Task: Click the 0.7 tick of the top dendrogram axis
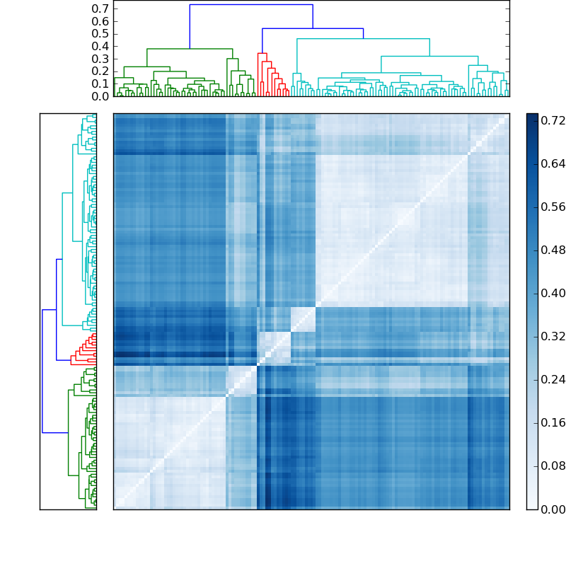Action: (x=101, y=8)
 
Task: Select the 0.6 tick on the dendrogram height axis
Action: (x=101, y=21)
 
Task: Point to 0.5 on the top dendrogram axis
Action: (x=101, y=34)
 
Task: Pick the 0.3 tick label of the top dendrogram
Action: (x=101, y=59)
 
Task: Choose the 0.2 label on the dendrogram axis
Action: (x=101, y=71)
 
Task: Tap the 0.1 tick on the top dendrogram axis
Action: (x=101, y=83)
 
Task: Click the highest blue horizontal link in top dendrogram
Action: (x=251, y=5)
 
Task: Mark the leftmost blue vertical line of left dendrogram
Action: (x=42, y=371)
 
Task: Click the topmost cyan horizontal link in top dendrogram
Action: (x=363, y=39)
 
